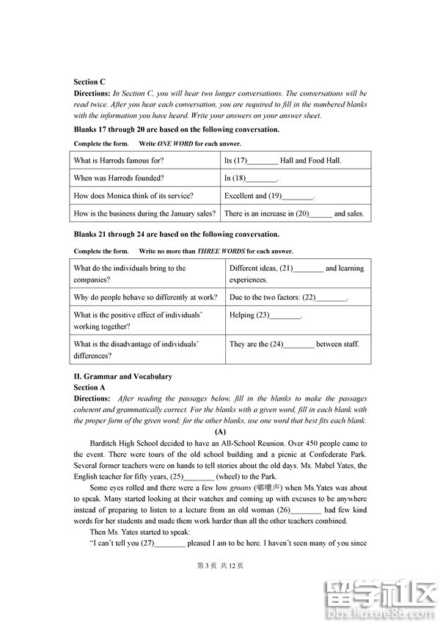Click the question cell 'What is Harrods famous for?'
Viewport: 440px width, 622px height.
119,161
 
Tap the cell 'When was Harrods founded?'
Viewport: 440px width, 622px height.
119,178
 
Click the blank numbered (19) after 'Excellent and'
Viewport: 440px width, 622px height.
298,196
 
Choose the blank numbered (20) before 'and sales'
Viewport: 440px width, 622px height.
320,214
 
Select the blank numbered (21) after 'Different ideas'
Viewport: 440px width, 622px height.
308,268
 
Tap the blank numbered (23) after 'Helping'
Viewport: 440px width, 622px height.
285,315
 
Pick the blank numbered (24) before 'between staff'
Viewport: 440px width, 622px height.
298,344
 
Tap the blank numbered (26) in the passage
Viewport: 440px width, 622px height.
306,510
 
